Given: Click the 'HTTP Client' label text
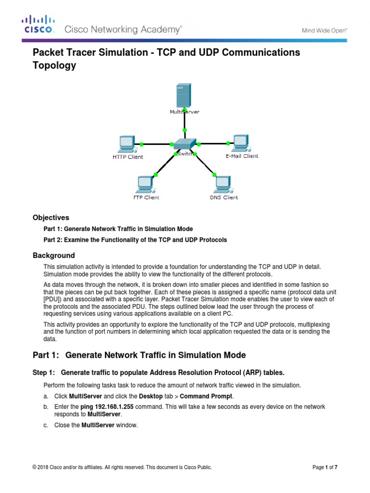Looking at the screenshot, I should (128, 157).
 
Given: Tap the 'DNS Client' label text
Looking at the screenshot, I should (224, 197).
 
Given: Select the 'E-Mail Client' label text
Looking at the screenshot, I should (242, 156).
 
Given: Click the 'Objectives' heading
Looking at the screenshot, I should (51, 218).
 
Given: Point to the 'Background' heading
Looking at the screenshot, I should (53, 255).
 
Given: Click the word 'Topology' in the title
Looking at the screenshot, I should (54, 66).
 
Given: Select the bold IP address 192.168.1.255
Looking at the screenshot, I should (107, 407).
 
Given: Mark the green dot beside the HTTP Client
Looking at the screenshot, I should (141, 144).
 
